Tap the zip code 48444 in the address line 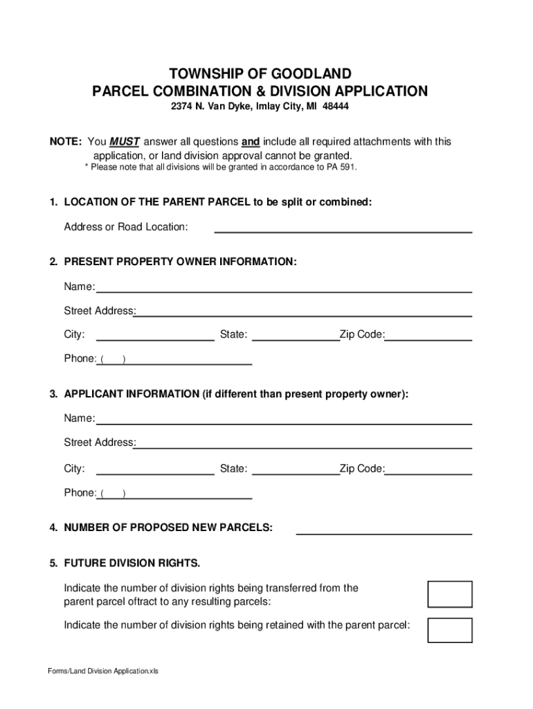point(335,108)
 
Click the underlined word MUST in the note point(124,142)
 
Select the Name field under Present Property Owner point(284,287)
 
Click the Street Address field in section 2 point(303,311)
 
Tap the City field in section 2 point(155,335)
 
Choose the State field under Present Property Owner point(296,335)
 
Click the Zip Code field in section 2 point(428,335)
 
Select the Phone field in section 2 point(187,359)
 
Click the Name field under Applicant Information point(284,418)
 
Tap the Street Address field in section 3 point(303,442)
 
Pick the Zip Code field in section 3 point(428,469)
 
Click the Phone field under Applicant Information point(187,493)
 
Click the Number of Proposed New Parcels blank point(383,528)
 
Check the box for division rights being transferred point(450,594)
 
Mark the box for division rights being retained point(450,630)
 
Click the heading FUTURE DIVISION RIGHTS point(132,562)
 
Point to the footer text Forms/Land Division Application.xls point(103,671)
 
